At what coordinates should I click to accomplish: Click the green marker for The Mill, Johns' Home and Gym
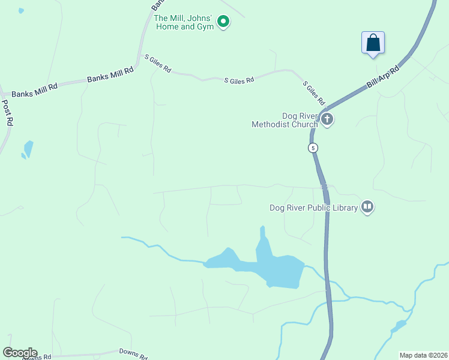pyautogui.click(x=223, y=22)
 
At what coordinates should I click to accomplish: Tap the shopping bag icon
pyautogui.click(x=373, y=43)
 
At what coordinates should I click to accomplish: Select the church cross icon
pyautogui.click(x=327, y=119)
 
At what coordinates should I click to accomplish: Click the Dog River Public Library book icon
pyautogui.click(x=367, y=208)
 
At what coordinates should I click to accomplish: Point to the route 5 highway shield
pyautogui.click(x=312, y=148)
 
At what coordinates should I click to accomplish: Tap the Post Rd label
pyautogui.click(x=7, y=112)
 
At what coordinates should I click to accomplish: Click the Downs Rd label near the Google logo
pyautogui.click(x=133, y=354)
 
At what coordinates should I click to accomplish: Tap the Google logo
pyautogui.click(x=20, y=353)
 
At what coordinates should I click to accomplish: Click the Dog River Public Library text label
pyautogui.click(x=313, y=208)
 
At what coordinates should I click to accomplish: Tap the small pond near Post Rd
pyautogui.click(x=27, y=149)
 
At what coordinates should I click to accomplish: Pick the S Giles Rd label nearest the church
pyautogui.click(x=314, y=92)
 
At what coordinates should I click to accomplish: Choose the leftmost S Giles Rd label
pyautogui.click(x=158, y=64)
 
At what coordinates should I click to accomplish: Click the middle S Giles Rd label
pyautogui.click(x=239, y=80)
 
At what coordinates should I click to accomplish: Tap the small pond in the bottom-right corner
pyautogui.click(x=397, y=326)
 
